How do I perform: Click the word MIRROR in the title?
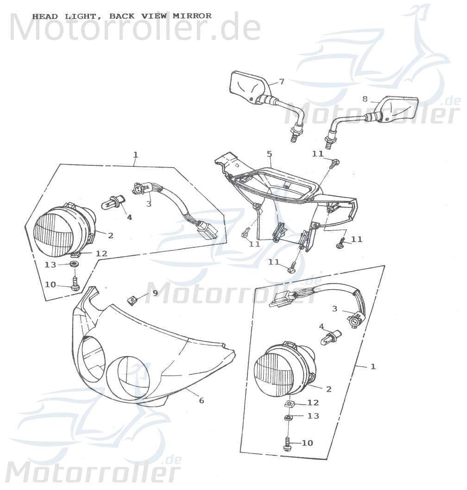tap(192, 16)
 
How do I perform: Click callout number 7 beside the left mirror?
tap(282, 82)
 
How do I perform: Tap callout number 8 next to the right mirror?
tap(365, 99)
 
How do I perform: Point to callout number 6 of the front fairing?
tap(201, 400)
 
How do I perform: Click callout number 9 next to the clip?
tap(155, 293)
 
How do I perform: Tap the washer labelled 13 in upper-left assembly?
tap(73, 265)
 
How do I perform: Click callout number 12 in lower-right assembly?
tap(313, 403)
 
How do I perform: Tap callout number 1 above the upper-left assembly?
tap(135, 155)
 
